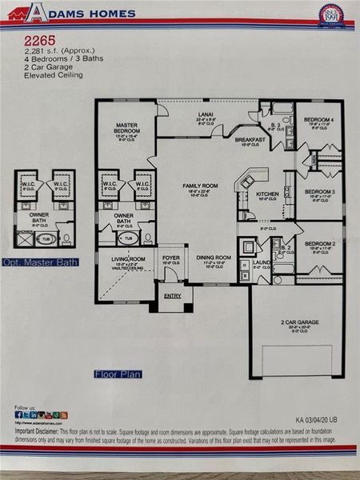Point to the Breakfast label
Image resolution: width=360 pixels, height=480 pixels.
(x=250, y=139)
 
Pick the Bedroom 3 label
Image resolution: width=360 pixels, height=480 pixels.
(x=319, y=192)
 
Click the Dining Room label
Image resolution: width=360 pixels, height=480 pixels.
(x=214, y=258)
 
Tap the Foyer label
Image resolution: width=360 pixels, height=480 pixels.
(x=171, y=258)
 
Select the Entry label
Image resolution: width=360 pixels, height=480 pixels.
(x=173, y=296)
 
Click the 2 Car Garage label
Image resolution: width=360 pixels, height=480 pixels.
(x=299, y=322)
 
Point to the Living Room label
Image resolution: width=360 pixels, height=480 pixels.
(x=127, y=259)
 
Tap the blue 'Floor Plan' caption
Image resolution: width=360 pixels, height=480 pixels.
(x=116, y=373)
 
